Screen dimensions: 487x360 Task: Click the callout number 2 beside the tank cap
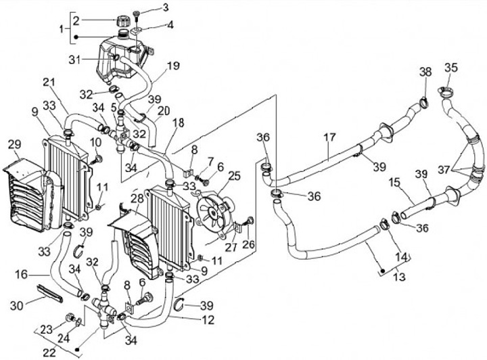click(x=76, y=21)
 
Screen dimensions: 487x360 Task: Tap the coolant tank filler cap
click(x=123, y=21)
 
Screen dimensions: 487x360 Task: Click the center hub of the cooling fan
click(x=214, y=212)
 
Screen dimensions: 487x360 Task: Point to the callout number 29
click(x=15, y=144)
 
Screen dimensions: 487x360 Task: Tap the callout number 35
click(x=451, y=68)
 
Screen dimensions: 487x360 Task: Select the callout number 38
click(x=426, y=72)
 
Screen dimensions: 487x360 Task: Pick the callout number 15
click(x=394, y=182)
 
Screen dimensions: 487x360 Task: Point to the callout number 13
click(x=400, y=276)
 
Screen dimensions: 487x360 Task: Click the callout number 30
click(x=17, y=305)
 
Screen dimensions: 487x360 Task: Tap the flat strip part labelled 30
click(x=50, y=294)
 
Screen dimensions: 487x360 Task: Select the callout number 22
click(x=49, y=353)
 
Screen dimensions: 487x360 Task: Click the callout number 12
click(x=208, y=319)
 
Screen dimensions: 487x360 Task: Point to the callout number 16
click(x=21, y=275)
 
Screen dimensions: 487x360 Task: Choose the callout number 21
click(x=49, y=83)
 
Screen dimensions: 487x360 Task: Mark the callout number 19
click(x=173, y=66)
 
